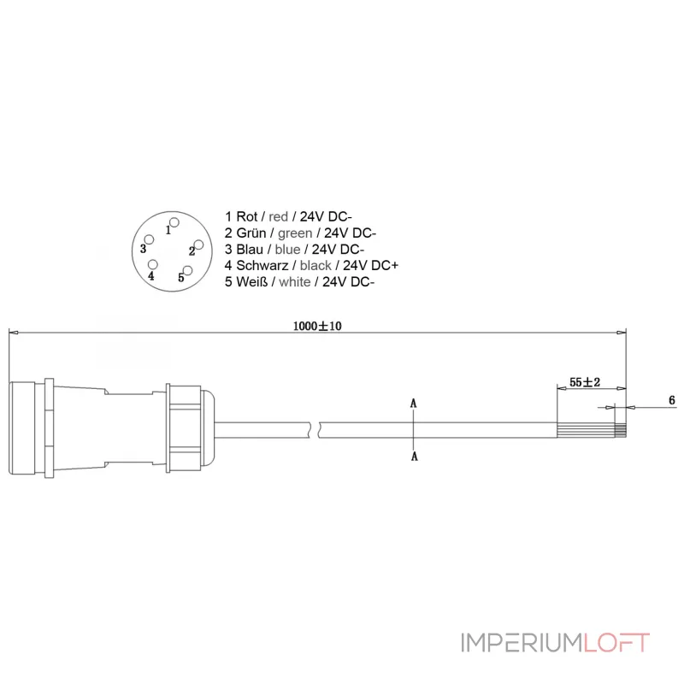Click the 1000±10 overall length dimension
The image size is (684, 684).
coord(315,327)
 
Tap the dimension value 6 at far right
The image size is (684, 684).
coord(671,400)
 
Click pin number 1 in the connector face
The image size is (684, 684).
coord(169,229)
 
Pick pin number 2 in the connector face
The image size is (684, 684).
coord(192,251)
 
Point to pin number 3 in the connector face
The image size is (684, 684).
coord(144,248)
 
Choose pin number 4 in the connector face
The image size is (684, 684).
coord(151,275)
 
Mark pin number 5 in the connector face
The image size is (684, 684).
coord(181,277)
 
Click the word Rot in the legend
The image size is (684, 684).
coord(245,217)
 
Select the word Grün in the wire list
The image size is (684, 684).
coord(250,233)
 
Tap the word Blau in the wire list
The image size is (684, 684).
coord(249,250)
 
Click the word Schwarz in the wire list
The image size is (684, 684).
coord(261,266)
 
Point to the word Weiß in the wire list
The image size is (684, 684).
coord(250,282)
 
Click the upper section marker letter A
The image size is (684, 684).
coord(414,402)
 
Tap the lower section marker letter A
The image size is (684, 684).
coord(415,457)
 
